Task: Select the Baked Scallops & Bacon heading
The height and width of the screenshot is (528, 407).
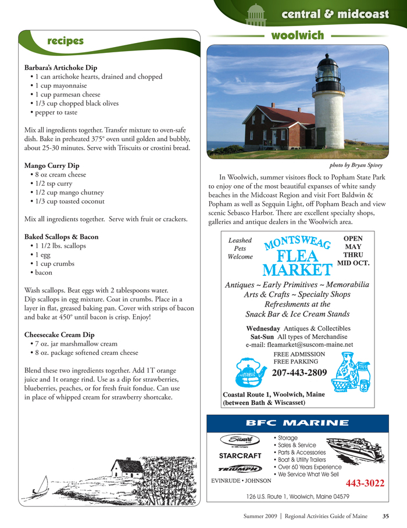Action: (x=62, y=237)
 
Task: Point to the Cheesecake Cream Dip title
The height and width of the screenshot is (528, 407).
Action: (x=61, y=335)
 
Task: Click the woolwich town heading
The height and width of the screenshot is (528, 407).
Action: (x=298, y=35)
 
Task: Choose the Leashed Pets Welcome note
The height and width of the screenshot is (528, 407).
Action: (x=240, y=247)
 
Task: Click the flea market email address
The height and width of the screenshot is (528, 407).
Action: (x=299, y=344)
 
